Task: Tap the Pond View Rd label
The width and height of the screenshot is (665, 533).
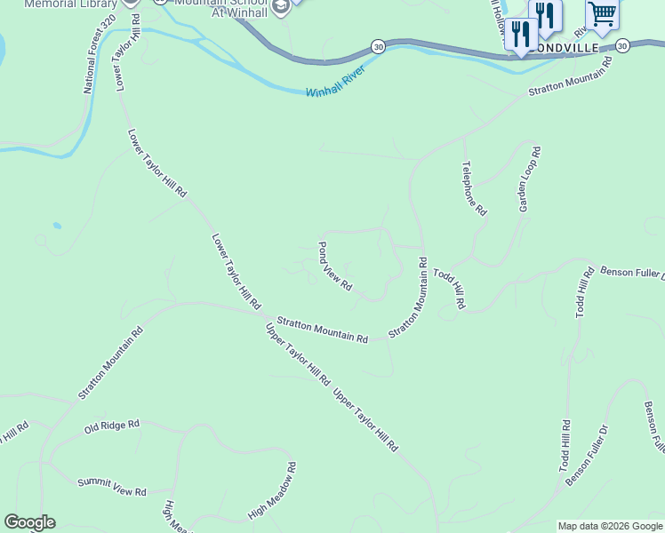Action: [336, 266]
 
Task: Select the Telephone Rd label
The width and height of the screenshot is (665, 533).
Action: [475, 188]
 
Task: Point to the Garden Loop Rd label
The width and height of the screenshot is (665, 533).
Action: [530, 179]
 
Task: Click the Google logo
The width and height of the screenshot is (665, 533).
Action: [29, 522]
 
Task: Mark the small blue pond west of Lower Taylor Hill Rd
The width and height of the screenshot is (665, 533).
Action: [57, 226]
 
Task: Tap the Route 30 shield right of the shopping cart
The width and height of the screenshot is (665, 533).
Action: [622, 45]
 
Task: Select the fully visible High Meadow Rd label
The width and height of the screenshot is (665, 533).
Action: [272, 490]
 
